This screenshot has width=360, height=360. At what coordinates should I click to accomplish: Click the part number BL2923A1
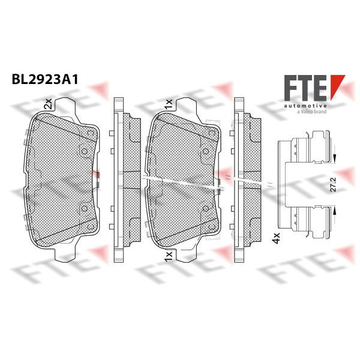(45, 80)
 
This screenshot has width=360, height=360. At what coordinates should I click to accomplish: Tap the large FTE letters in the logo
(305, 88)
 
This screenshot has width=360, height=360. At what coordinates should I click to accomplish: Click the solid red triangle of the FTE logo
(337, 86)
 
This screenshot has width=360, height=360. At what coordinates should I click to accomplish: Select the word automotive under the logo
(305, 106)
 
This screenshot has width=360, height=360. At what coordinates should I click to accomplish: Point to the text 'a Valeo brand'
(311, 112)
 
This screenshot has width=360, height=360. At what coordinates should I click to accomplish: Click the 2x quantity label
(49, 104)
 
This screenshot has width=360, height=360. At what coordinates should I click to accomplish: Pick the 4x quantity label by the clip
(275, 238)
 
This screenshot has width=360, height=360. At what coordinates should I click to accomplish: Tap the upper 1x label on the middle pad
(168, 104)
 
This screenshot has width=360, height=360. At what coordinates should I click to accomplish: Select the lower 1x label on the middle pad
(168, 256)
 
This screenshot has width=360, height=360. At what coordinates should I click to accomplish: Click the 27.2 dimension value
(334, 184)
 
